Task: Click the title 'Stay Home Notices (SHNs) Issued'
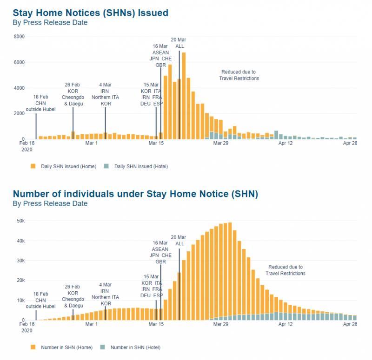[90, 13]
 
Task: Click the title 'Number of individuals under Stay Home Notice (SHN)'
[135, 193]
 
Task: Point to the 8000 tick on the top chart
[19, 37]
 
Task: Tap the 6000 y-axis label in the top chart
[19, 62]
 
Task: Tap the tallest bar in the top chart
[184, 96]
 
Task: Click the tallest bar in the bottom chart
[230, 271]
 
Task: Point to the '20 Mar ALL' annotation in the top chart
[179, 43]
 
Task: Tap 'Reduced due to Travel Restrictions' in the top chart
[239, 75]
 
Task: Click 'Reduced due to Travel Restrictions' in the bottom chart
[285, 270]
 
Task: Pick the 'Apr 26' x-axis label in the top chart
[350, 144]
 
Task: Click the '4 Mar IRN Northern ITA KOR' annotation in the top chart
[105, 94]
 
